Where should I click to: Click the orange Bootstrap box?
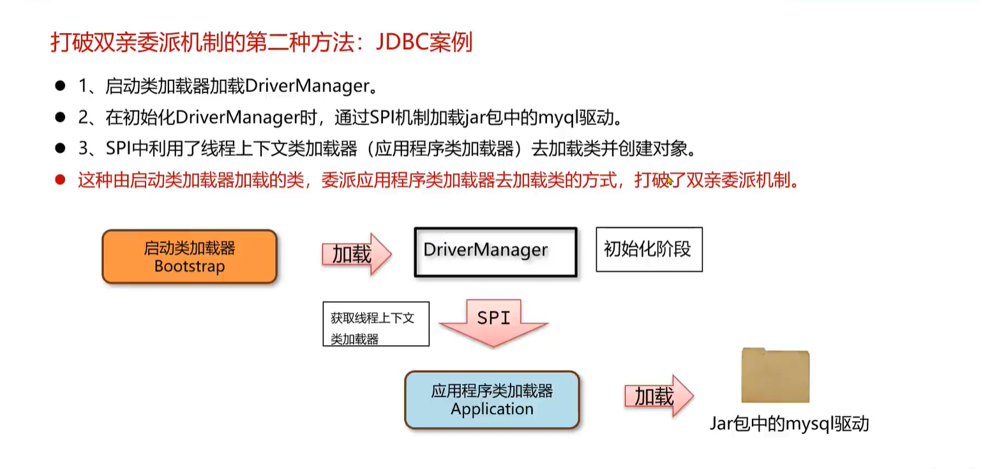(190, 257)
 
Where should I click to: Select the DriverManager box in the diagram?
(495, 252)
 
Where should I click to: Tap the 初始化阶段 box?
(649, 249)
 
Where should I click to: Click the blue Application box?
(491, 400)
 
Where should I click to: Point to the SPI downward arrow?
(493, 323)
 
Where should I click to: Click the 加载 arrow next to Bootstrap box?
(355, 254)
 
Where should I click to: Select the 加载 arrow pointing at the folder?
(657, 396)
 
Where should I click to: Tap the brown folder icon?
(775, 376)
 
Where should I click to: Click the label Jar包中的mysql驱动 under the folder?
(789, 424)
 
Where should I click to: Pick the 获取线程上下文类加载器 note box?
(375, 324)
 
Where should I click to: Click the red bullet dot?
(60, 181)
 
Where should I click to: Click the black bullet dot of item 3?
(60, 149)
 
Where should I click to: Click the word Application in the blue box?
(491, 409)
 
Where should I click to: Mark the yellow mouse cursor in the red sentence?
(668, 182)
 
